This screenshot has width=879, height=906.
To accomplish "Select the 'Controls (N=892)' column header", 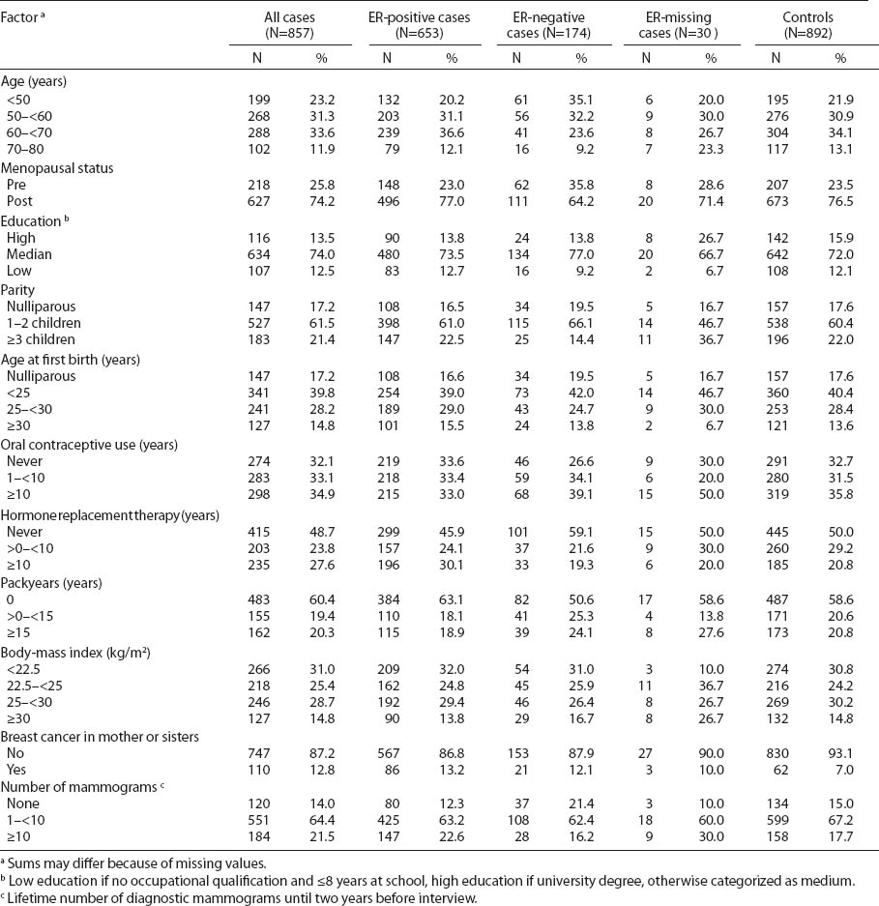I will (807, 26).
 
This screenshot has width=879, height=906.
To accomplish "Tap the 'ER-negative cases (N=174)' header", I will (549, 26).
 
